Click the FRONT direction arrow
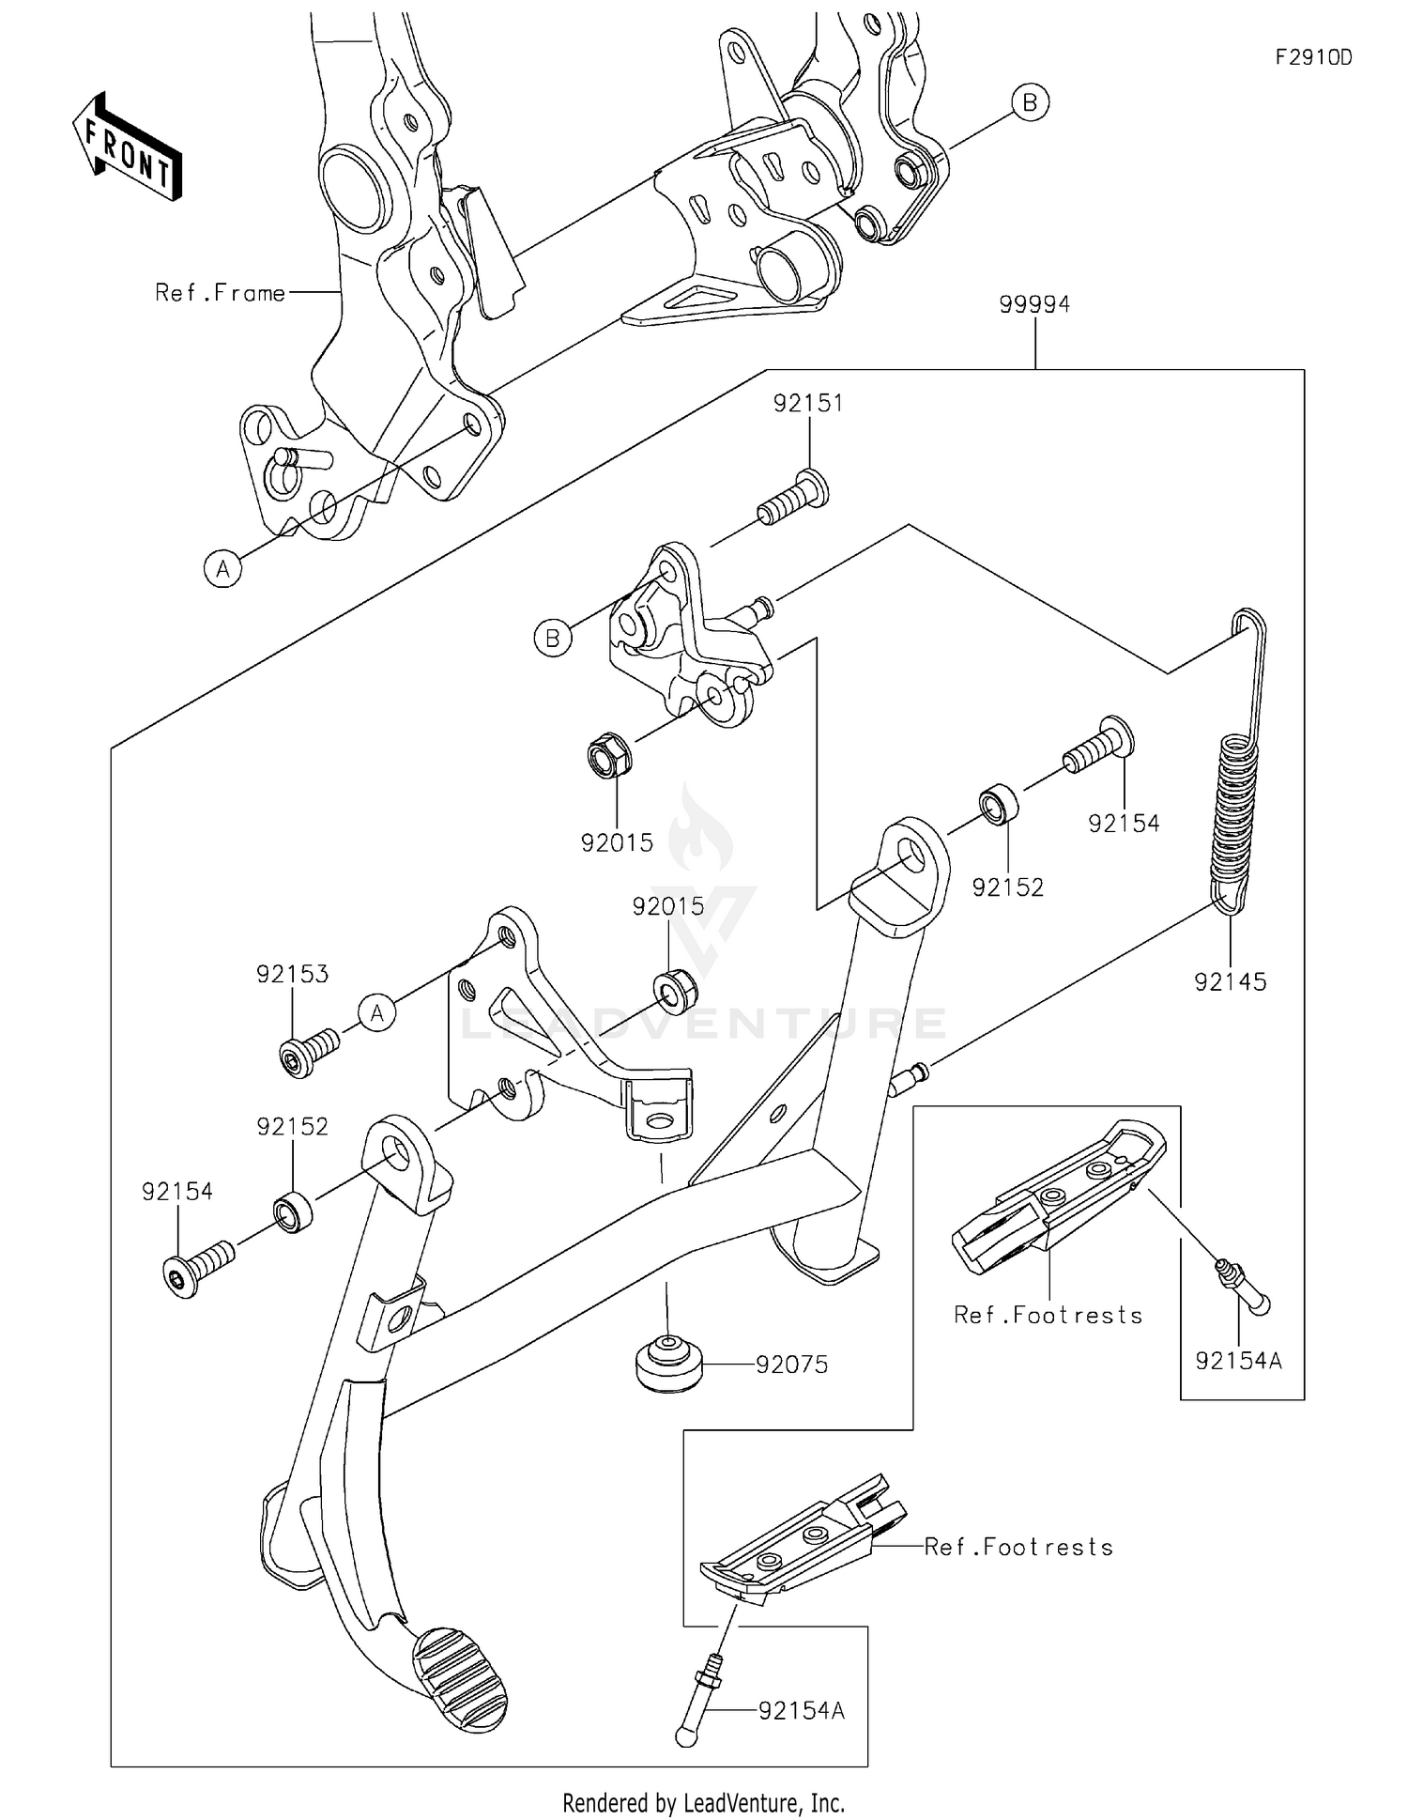coord(127,147)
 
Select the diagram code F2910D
coord(1313,57)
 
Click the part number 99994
coord(1034,304)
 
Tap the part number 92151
coord(808,403)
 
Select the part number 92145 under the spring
coord(1230,981)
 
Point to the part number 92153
coord(293,974)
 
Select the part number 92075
coord(792,1365)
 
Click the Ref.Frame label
coord(220,293)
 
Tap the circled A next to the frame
coord(223,569)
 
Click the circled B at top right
coord(1030,101)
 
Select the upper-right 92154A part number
coord(1238,1360)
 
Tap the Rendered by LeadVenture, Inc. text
coord(703,1802)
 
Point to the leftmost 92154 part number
coord(177,1191)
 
